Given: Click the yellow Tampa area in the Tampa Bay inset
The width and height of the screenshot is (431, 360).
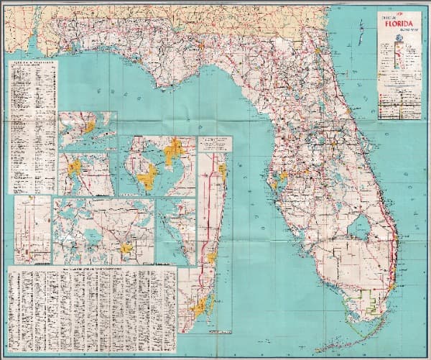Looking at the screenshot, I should click(x=175, y=152).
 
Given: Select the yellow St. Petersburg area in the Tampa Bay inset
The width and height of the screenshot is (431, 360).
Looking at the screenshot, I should click(x=147, y=176).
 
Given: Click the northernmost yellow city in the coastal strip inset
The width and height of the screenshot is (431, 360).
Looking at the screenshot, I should click(x=222, y=170).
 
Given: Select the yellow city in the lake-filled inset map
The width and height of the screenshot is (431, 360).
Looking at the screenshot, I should click(x=128, y=249).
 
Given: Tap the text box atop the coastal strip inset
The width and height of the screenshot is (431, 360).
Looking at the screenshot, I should click(x=215, y=142).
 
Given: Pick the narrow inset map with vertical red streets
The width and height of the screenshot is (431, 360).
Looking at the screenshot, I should click(x=33, y=230).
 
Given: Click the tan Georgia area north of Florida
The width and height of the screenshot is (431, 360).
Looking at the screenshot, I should click(x=215, y=25).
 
